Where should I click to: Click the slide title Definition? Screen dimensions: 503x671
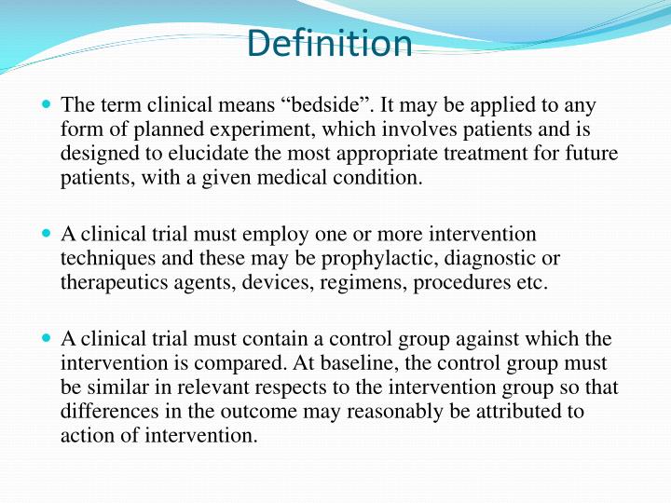(x=331, y=44)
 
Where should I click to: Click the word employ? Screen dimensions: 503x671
(x=268, y=234)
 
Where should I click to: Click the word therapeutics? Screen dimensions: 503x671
(x=110, y=282)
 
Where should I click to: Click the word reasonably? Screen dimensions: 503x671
(x=392, y=411)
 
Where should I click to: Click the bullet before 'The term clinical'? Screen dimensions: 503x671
(x=47, y=106)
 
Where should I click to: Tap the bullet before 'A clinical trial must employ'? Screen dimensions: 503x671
(x=47, y=235)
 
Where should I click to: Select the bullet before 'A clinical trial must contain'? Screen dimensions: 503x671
(x=47, y=339)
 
